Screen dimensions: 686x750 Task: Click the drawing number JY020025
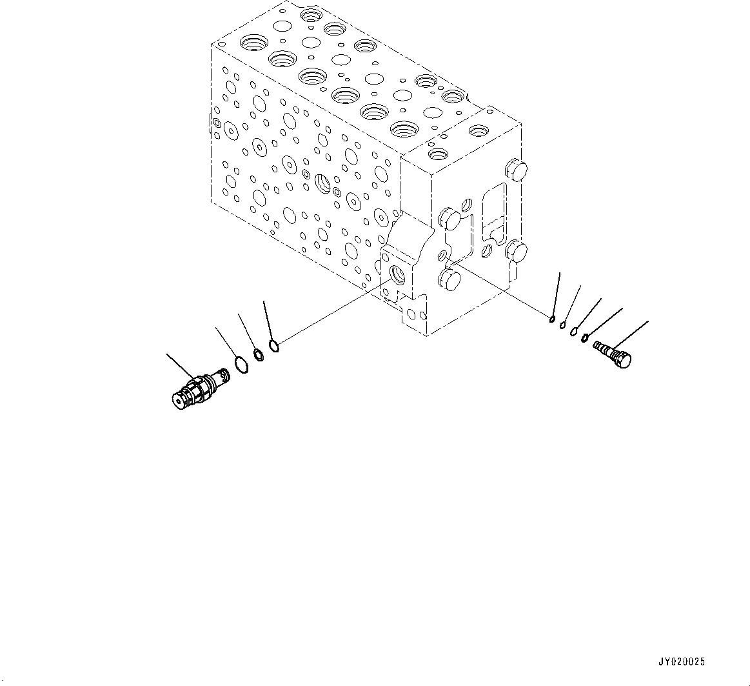coord(682,662)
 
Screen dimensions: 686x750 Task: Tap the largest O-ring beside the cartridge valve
coord(240,365)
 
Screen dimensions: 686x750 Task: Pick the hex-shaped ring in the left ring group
coord(259,354)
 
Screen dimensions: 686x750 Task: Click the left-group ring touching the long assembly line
coord(273,347)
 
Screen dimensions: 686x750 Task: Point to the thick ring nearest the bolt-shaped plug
coord(585,338)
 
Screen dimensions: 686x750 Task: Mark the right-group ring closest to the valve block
coord(553,318)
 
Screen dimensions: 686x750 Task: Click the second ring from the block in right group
coord(563,325)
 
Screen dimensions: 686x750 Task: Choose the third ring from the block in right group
coord(573,331)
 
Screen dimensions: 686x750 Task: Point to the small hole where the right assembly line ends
coord(443,257)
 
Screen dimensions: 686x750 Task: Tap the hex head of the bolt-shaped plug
coord(624,359)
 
